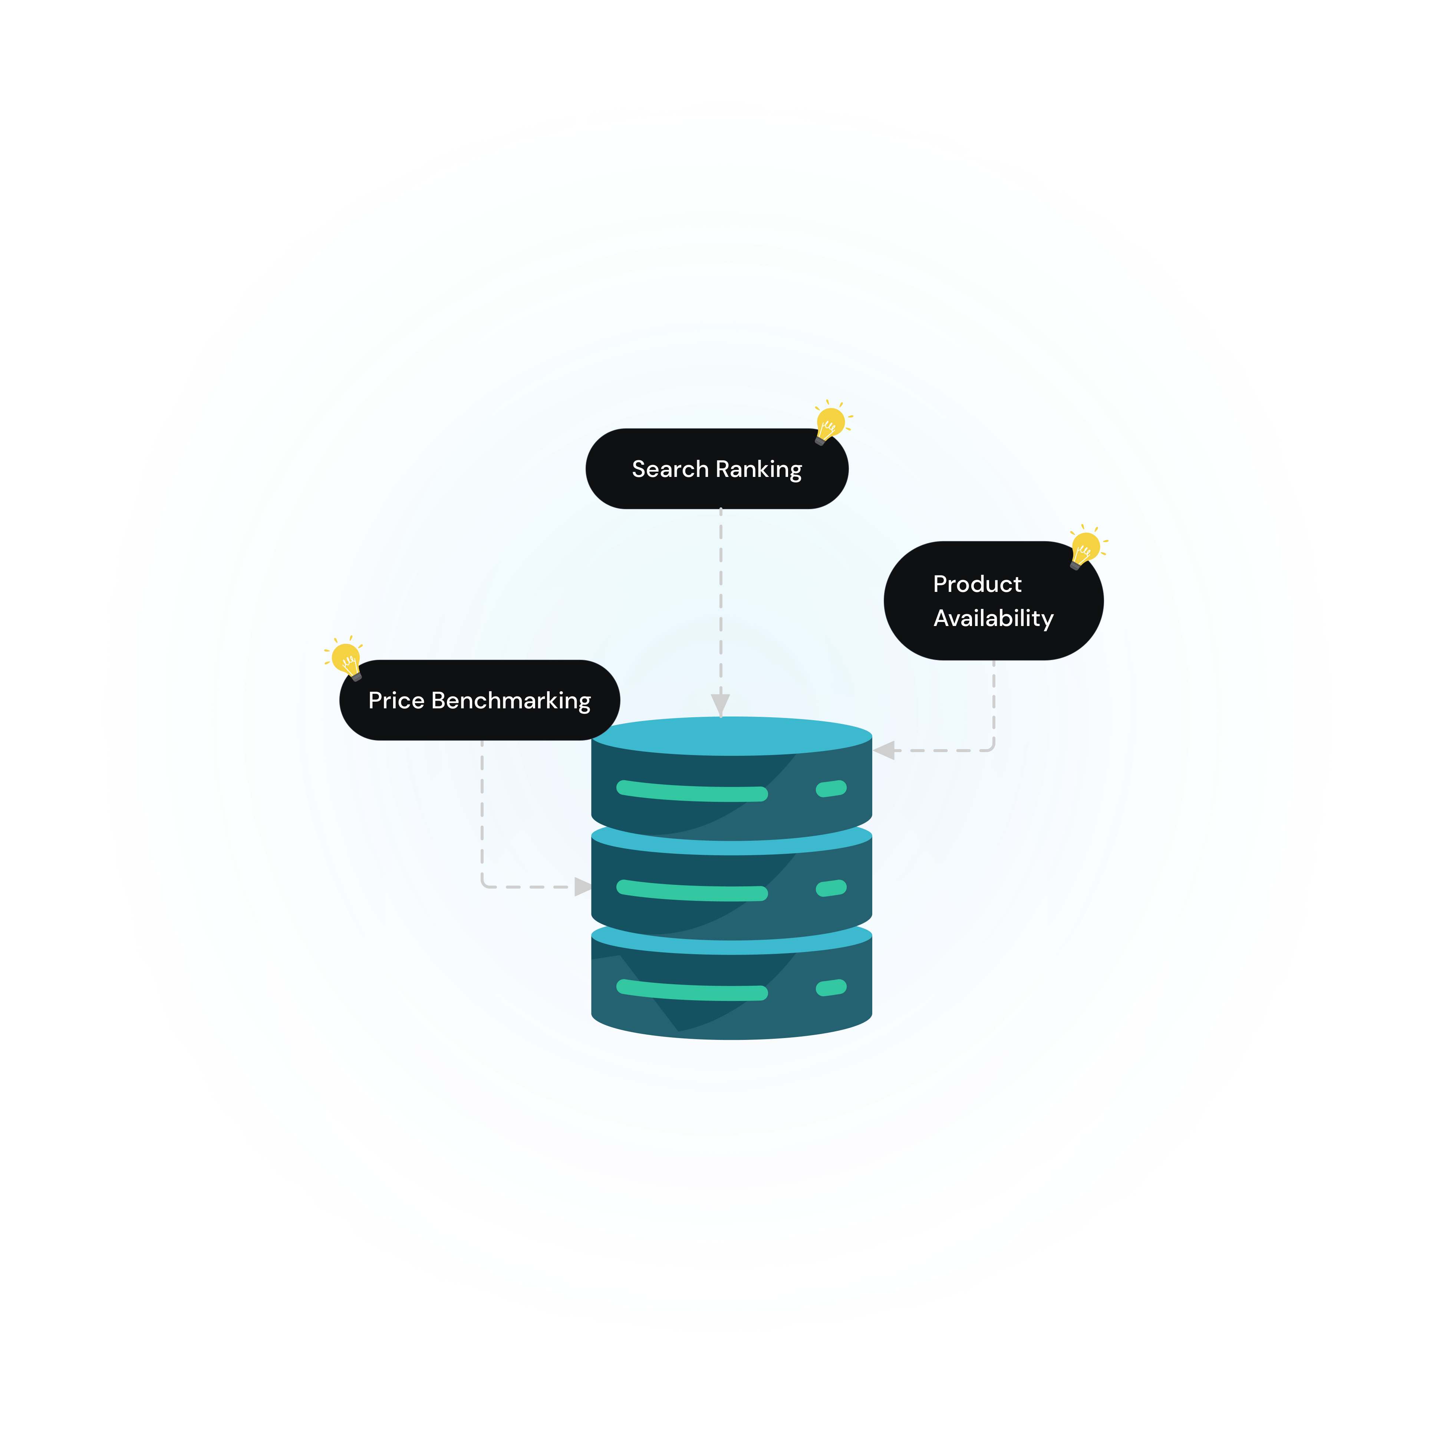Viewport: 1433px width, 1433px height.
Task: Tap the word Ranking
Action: pos(759,470)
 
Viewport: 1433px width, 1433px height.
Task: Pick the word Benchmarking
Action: pos(511,701)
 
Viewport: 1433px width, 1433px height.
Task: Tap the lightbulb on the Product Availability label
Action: pos(1085,547)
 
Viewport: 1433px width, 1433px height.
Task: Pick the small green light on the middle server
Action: pos(831,888)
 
